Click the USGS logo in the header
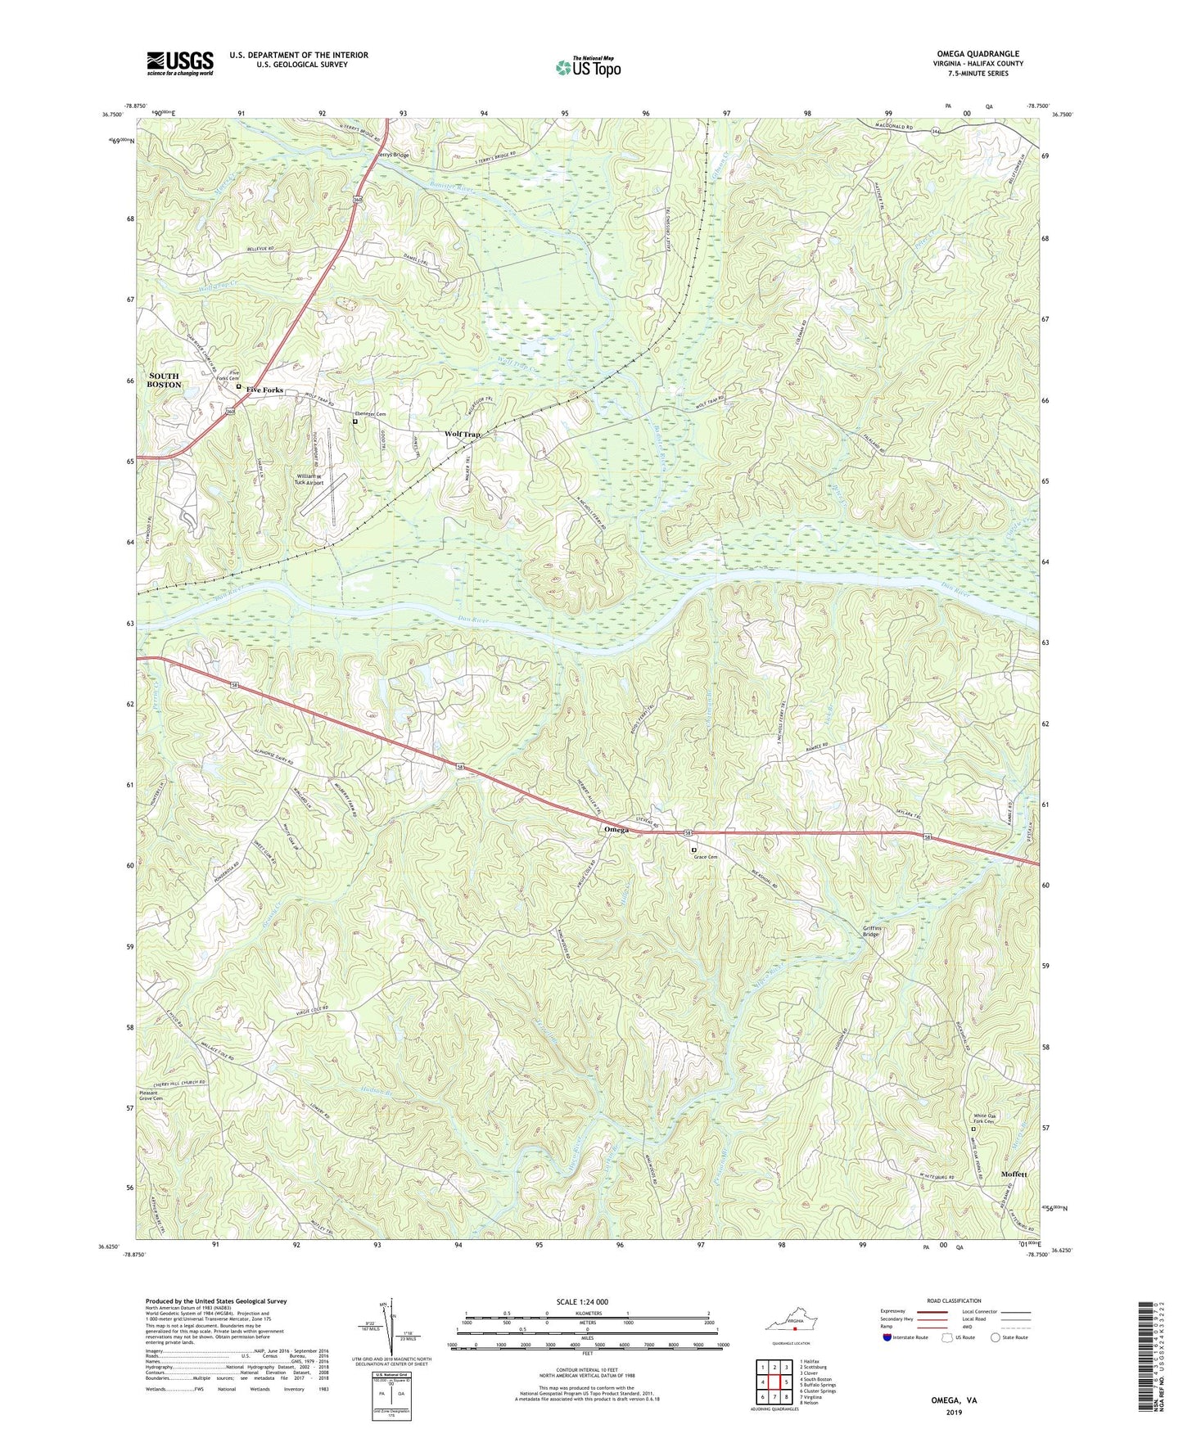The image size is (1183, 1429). click(180, 63)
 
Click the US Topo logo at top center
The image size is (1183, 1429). click(588, 67)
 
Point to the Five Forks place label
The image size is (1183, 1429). click(264, 390)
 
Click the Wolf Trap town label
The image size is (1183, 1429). click(462, 434)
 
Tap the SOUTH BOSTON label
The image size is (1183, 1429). click(164, 380)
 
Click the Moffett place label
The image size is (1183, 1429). click(1014, 1174)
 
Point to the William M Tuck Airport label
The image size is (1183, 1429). click(309, 480)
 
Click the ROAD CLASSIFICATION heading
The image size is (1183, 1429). click(954, 1301)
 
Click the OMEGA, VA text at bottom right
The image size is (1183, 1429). click(954, 1400)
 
